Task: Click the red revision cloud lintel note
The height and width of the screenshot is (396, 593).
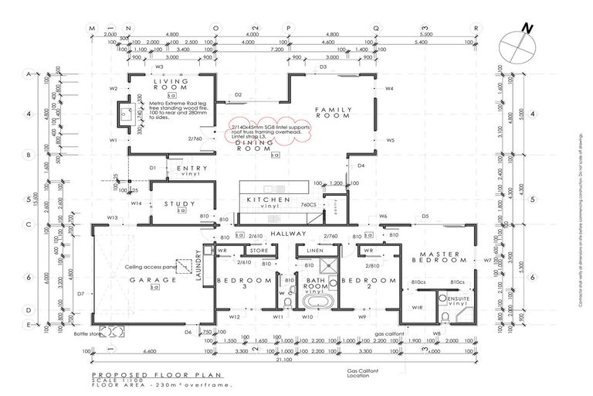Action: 270,133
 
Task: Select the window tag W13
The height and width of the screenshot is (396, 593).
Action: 113,219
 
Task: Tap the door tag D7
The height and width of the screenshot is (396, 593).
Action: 80,294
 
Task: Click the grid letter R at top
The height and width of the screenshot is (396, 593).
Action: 476,28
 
